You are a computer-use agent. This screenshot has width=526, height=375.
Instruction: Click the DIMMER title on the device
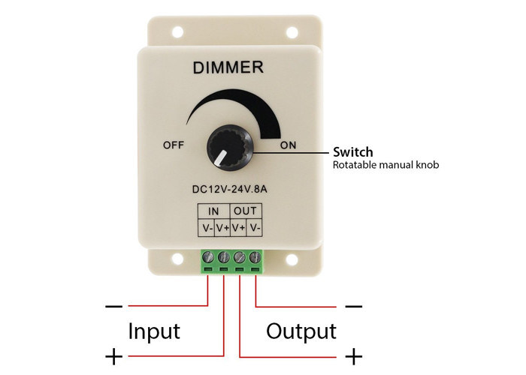coord(228,68)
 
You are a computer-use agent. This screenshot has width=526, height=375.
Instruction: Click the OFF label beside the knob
coord(173,145)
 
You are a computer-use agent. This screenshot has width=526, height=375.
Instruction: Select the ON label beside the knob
coord(289,145)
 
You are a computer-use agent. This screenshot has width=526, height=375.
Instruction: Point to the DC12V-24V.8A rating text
coord(230,188)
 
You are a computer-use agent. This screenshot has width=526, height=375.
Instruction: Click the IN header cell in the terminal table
coord(214,211)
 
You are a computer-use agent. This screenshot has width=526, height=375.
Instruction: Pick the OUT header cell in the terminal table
coord(247,211)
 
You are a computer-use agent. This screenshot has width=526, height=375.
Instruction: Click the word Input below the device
coord(153,330)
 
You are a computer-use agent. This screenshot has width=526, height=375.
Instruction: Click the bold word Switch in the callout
coord(353,152)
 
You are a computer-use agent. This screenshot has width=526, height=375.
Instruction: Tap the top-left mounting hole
coord(178,34)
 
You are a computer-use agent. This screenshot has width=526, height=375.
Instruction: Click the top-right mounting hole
coord(289,34)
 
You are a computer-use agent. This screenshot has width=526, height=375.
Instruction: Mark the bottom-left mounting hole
coord(178,261)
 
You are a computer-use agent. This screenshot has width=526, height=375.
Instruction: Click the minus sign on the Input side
coord(114,306)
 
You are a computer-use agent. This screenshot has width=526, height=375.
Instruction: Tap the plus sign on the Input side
coord(114,356)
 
